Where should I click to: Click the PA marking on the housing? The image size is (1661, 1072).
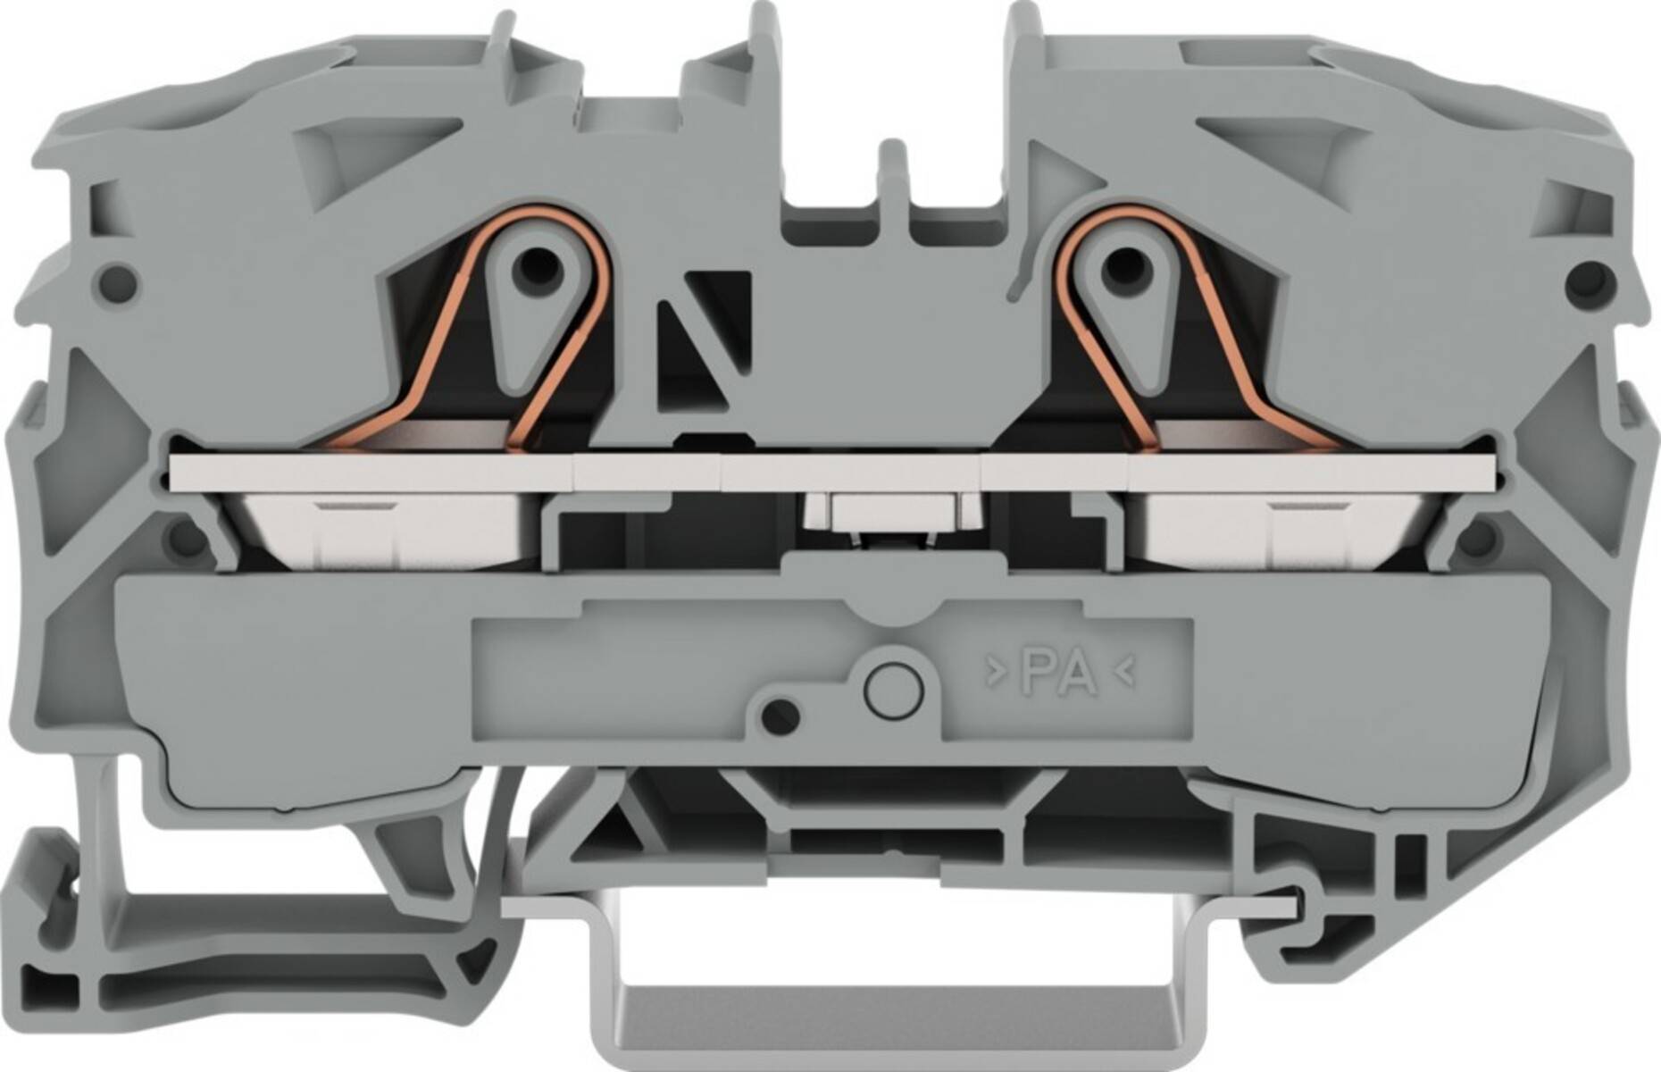pyautogui.click(x=1058, y=674)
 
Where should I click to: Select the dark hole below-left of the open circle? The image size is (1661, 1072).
pyautogui.click(x=782, y=713)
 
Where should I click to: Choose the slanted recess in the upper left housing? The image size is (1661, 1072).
pyautogui.click(x=375, y=143)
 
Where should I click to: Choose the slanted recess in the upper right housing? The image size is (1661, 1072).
pyautogui.click(x=1286, y=143)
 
